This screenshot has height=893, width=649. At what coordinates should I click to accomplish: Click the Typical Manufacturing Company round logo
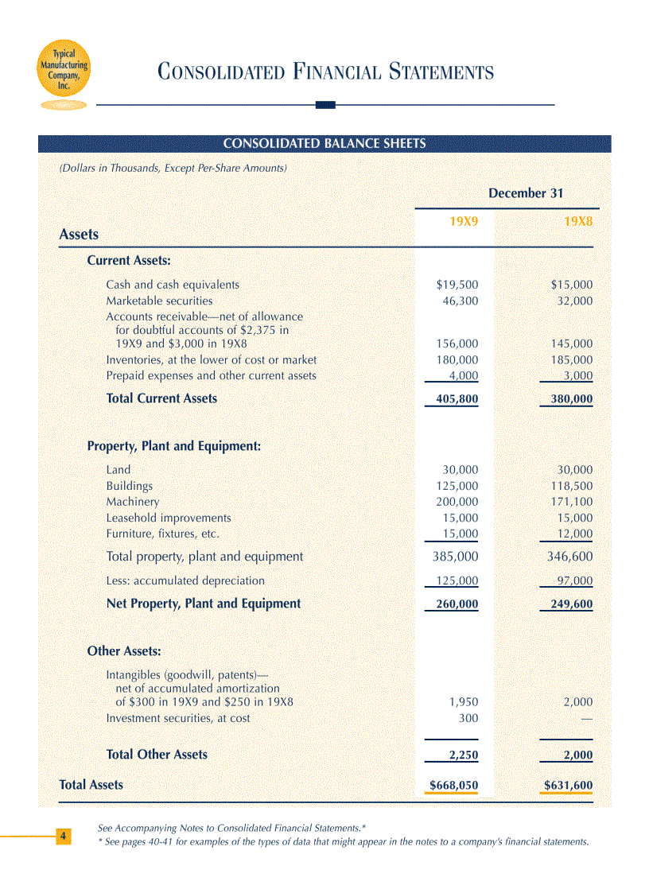tap(64, 70)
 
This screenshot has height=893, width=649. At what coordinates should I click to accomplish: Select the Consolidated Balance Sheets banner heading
tap(324, 144)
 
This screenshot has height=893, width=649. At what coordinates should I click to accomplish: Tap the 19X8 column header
tap(578, 222)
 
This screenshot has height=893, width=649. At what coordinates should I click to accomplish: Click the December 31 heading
tap(526, 193)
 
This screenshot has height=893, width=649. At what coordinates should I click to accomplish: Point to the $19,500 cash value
tap(457, 285)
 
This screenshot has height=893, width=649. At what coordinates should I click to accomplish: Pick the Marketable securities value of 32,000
tap(572, 301)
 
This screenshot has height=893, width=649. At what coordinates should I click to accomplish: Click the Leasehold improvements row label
tap(169, 518)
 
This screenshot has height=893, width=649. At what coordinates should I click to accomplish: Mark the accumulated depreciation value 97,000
tap(574, 581)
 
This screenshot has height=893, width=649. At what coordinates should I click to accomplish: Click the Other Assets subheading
tap(124, 651)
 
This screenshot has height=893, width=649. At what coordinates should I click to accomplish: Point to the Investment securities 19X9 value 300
tap(468, 719)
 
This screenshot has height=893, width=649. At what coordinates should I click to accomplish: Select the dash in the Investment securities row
tap(587, 719)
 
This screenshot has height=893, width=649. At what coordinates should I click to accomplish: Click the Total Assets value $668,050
tap(453, 786)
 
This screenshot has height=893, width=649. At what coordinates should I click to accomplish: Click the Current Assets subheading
tap(129, 261)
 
